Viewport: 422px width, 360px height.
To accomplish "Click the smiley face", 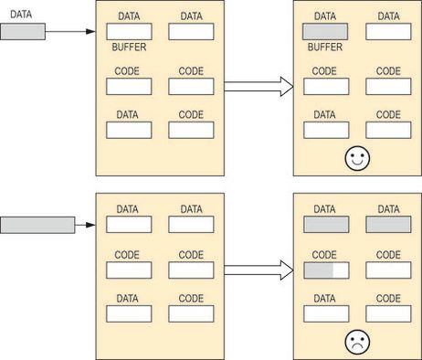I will (355, 159).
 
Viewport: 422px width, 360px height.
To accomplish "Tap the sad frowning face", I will (355, 343).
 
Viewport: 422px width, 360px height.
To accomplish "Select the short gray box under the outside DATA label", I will (22, 32).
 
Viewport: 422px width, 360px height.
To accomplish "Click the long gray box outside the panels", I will (37, 224).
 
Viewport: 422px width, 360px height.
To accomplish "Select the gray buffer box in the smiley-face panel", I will (325, 31).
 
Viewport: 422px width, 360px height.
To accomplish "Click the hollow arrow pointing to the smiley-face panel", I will (258, 87).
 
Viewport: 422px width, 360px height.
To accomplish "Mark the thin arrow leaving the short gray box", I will (69, 32).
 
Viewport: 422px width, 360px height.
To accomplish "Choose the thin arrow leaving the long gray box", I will (85, 224).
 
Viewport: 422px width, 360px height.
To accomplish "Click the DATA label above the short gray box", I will (19, 15).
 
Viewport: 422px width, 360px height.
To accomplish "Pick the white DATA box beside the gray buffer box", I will (388, 31).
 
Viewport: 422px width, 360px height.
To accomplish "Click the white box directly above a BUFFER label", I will (128, 31).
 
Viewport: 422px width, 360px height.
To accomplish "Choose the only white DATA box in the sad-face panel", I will (326, 313).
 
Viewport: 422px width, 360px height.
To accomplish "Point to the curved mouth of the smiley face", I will (355, 164).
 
